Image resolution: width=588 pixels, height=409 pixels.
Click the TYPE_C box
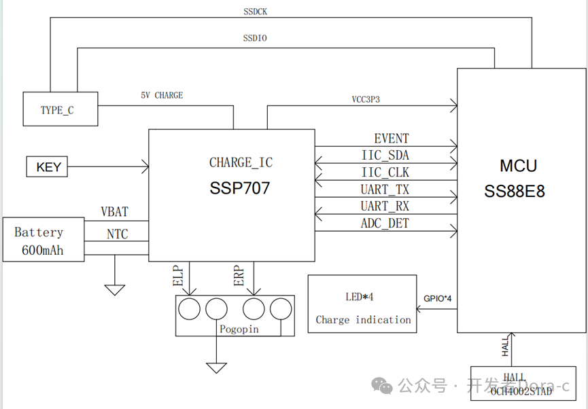[x=60, y=109]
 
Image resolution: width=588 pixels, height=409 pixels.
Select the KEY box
[x=48, y=166]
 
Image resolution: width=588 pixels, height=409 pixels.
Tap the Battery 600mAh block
[x=43, y=240]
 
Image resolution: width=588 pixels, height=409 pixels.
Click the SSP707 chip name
[x=239, y=188]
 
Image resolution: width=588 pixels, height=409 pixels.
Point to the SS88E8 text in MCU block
[x=515, y=192]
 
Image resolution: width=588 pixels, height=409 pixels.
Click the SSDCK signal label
[x=255, y=12]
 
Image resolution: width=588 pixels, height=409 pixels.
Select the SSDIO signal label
[x=255, y=39]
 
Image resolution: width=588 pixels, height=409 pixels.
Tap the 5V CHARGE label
[x=162, y=96]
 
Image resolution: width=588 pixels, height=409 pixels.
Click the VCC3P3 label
[x=365, y=99]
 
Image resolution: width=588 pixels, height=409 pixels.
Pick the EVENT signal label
[x=391, y=139]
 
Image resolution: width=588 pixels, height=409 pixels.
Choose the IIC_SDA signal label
[x=385, y=156]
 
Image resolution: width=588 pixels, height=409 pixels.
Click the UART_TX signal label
[x=385, y=189]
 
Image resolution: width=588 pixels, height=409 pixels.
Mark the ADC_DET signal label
[x=385, y=223]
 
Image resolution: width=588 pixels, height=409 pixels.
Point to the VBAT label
[x=114, y=212]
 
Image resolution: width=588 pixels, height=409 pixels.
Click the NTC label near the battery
[x=117, y=234]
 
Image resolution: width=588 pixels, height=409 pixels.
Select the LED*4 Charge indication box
[x=362, y=304]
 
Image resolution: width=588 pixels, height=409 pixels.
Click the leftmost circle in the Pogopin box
[x=189, y=308]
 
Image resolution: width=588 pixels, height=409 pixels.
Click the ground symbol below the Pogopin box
[x=216, y=368]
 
